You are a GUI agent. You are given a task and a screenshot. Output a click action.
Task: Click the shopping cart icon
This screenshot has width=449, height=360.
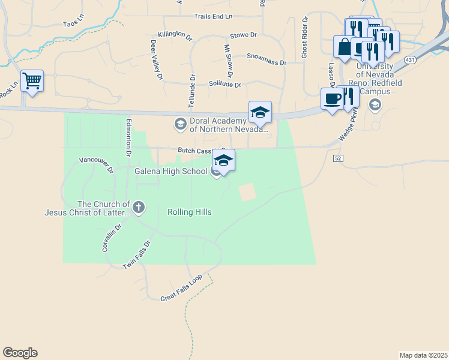[x=32, y=80]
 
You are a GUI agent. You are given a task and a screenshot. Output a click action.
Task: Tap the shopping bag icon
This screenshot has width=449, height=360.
[x=344, y=47]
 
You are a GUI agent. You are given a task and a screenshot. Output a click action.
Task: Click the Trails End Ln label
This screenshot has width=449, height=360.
[x=213, y=16]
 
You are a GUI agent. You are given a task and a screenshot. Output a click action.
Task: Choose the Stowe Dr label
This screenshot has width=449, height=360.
[x=243, y=35]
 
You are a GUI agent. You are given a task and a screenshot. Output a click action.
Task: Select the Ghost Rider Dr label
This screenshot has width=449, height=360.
[x=306, y=37]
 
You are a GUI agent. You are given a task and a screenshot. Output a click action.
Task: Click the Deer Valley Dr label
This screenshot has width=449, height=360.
[x=157, y=60]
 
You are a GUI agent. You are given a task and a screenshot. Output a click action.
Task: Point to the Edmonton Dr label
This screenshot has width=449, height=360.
[x=128, y=137]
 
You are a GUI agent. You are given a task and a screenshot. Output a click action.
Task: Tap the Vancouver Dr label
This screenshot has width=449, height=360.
[x=97, y=165]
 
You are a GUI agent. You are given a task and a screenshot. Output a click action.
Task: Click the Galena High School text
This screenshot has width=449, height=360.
[x=170, y=172]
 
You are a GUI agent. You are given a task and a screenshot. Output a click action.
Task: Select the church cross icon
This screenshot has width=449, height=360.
[x=139, y=208]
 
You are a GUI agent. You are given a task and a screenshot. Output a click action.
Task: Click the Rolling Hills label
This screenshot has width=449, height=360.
[x=189, y=212]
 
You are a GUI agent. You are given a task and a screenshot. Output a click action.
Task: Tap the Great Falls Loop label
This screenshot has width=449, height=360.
[x=186, y=289]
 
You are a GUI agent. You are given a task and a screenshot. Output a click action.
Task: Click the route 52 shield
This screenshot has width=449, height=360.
[x=338, y=157]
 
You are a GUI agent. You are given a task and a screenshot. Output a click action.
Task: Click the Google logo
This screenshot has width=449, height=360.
[x=20, y=353]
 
